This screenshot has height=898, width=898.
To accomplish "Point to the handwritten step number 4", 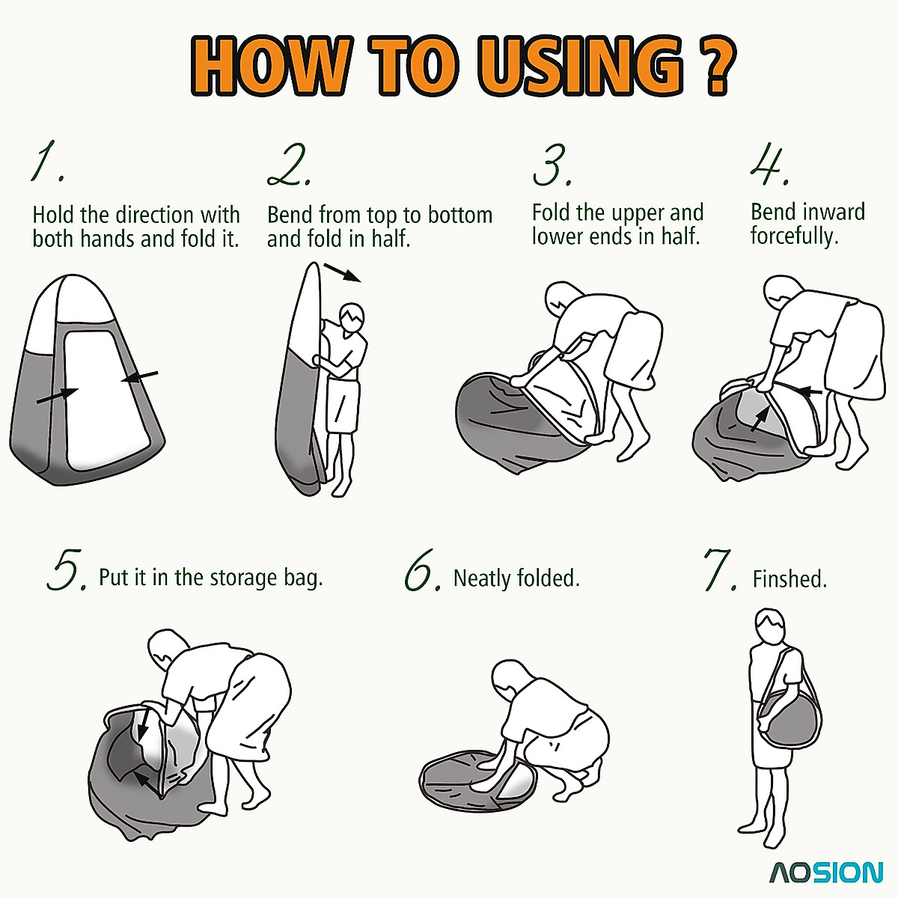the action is pyautogui.click(x=770, y=165).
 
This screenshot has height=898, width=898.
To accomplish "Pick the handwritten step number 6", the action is pyautogui.click(x=422, y=570).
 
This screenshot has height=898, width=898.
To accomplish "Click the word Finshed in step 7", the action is pyautogui.click(x=789, y=579).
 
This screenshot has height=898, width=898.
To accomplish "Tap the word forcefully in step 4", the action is pyautogui.click(x=794, y=236).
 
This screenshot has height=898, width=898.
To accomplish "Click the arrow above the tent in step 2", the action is pyautogui.click(x=343, y=272).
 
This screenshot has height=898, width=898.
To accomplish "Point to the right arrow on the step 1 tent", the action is pyautogui.click(x=140, y=376).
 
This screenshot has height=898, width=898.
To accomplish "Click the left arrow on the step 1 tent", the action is pyautogui.click(x=58, y=396).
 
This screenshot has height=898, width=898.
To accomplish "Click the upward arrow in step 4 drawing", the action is pyautogui.click(x=760, y=418).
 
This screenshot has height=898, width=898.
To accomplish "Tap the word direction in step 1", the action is pyautogui.click(x=154, y=216).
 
